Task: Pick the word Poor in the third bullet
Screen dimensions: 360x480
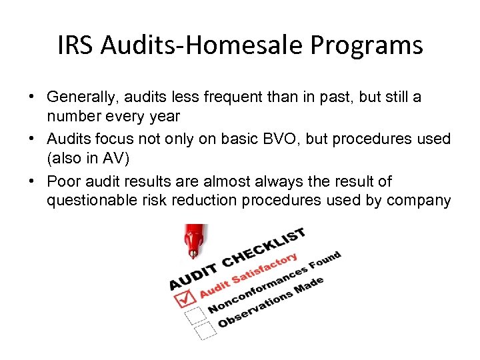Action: coord(64,181)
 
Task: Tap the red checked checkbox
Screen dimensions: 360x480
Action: coord(185,297)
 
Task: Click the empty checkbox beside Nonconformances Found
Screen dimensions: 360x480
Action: coord(194,313)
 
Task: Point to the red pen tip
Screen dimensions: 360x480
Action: coord(193,253)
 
